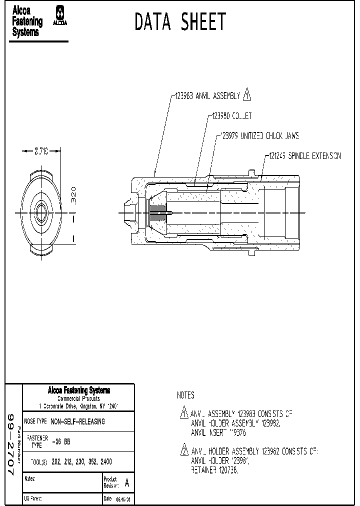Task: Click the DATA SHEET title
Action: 180,22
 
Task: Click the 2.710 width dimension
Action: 40,151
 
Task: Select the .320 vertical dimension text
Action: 73,193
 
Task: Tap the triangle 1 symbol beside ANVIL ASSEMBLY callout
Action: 246,94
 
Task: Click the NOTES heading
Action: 185,395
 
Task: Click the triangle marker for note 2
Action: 183,448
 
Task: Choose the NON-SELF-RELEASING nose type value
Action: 77,421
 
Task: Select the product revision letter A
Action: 126,483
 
